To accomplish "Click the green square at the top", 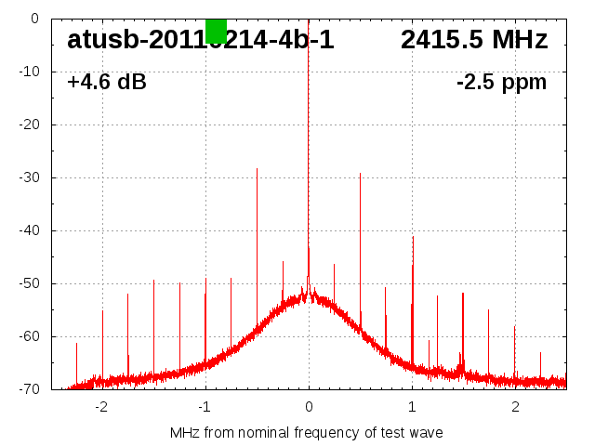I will point(216,31).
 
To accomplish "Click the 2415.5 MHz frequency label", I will point(474,40).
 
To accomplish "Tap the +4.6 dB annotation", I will point(107,83).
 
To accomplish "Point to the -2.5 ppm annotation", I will point(501,83).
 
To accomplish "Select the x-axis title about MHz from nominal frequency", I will point(307,433).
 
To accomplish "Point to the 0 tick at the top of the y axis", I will point(34,19).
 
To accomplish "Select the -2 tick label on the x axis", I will point(101,407).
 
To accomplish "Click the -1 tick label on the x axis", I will point(205,407).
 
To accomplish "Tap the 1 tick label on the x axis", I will point(412,407).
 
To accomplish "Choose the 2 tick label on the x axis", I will point(515,407).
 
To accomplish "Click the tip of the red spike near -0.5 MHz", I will point(257,169).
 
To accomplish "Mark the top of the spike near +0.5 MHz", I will point(360,174).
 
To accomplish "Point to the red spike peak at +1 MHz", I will point(413,237).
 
